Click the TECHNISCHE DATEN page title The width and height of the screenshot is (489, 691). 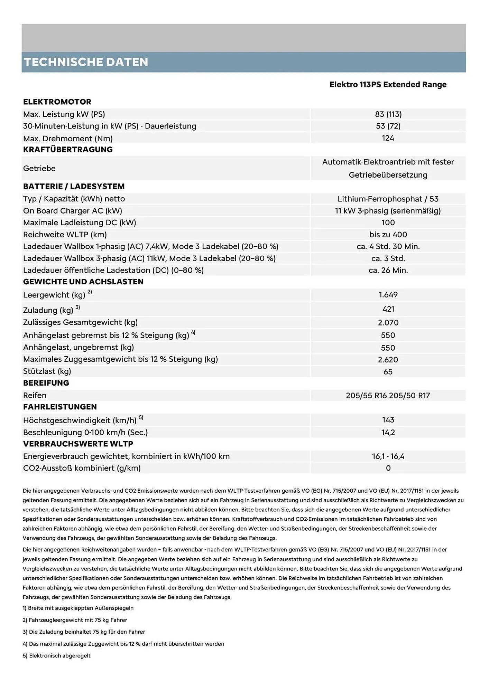click(86, 62)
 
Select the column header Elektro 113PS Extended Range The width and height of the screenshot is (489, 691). click(388, 85)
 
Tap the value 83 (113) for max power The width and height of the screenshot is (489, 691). click(388, 114)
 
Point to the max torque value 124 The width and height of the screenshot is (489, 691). click(388, 138)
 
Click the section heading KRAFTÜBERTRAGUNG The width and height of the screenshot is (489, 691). click(68, 150)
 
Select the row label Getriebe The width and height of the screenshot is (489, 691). click(39, 169)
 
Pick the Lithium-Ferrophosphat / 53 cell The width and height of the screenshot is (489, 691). click(388, 199)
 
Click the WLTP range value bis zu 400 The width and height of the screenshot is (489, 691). click(388, 235)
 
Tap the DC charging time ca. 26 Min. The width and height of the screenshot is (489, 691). click(388, 271)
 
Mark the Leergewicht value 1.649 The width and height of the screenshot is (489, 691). click(388, 295)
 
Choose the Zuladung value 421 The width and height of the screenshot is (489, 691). click(388, 309)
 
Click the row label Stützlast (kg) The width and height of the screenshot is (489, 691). click(47, 371)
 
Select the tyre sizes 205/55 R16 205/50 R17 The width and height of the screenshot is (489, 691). click(388, 396)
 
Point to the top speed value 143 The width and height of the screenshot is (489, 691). click(388, 420)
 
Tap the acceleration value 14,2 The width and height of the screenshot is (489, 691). click(388, 433)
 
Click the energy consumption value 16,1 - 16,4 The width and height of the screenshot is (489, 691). click(388, 456)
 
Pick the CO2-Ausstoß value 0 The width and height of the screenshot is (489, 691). click(388, 468)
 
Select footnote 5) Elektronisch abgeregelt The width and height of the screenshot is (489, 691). click(57, 656)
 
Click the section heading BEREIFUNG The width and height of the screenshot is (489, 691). click(46, 383)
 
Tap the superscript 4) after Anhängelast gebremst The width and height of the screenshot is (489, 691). click(193, 333)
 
